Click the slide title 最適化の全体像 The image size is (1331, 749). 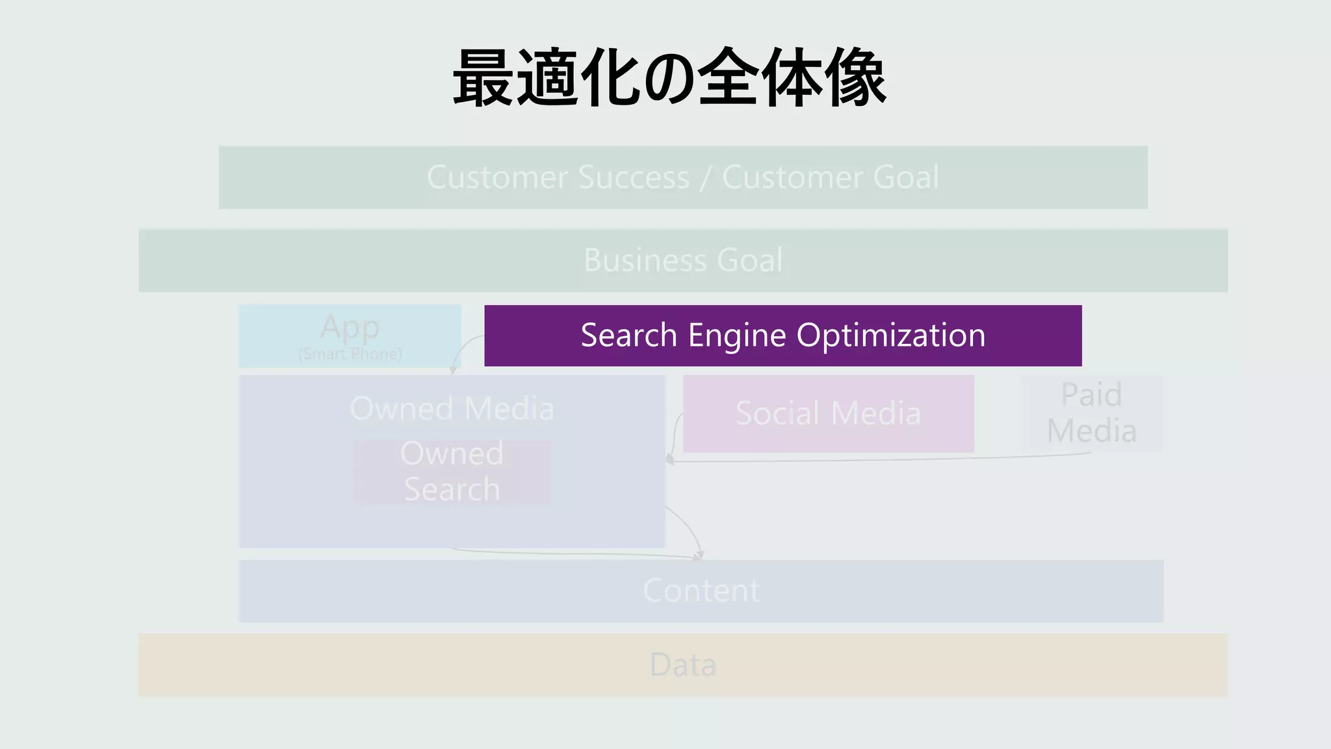[669, 78]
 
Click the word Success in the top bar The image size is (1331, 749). [634, 177]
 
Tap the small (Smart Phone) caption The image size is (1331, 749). [350, 354]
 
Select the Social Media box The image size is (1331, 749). [828, 414]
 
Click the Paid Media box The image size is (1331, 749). [1092, 414]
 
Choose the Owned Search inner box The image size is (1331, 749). [452, 471]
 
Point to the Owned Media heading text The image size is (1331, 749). [452, 409]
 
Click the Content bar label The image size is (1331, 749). [701, 591]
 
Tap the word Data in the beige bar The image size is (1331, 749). [683, 665]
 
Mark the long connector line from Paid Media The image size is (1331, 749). [877, 460]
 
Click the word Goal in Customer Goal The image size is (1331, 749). [906, 177]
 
